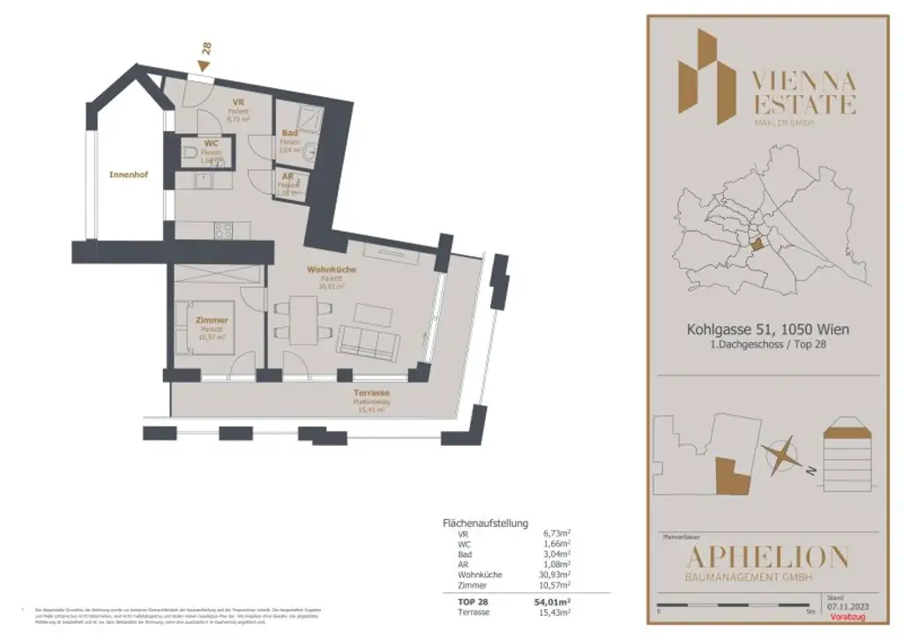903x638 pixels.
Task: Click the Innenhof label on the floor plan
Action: point(129,174)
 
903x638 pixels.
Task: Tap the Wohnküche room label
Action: point(326,269)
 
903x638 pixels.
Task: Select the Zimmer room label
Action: point(212,320)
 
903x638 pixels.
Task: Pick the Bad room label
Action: point(288,133)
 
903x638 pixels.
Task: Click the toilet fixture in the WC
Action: point(193,156)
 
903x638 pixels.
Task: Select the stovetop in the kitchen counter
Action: point(223,231)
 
